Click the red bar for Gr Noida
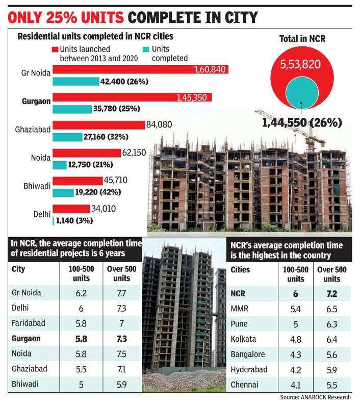[x=140, y=69]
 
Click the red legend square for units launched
[x=55, y=49]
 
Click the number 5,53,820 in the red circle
[x=301, y=65]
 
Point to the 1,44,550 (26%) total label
[x=302, y=123]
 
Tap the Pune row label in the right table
[x=239, y=324]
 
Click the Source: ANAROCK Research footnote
[x=315, y=397]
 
